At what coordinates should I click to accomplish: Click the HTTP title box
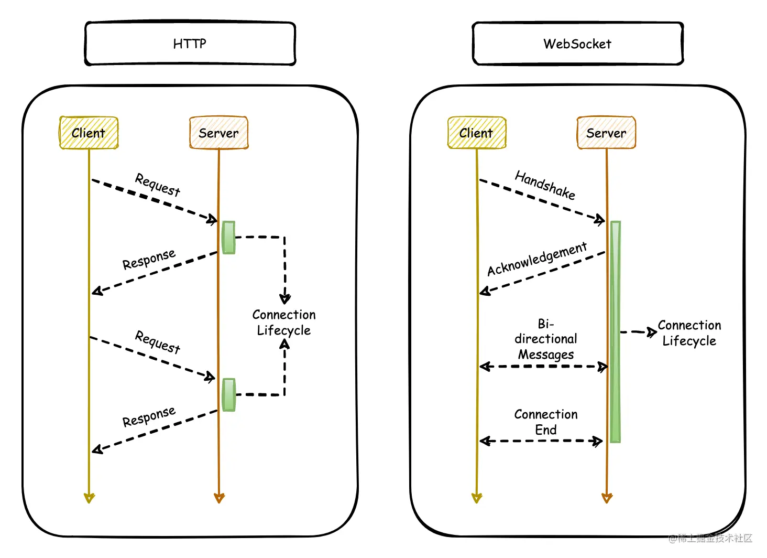[x=190, y=44]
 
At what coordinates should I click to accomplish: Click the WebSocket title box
[x=577, y=44]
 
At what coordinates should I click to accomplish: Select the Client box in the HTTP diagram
[x=89, y=133]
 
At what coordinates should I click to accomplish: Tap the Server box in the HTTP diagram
[x=218, y=133]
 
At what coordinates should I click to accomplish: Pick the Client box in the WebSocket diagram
[x=476, y=133]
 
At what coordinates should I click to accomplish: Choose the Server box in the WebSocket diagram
[x=606, y=133]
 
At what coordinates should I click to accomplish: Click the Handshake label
[x=545, y=185]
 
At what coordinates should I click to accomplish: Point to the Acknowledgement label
[x=537, y=259]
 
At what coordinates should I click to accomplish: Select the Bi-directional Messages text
[x=546, y=339]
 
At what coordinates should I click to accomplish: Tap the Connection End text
[x=546, y=422]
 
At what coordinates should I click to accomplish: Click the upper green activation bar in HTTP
[x=228, y=238]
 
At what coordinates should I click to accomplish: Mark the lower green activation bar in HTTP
[x=228, y=394]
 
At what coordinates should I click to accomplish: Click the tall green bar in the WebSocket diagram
[x=616, y=331]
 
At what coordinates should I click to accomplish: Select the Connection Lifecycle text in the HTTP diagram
[x=284, y=322]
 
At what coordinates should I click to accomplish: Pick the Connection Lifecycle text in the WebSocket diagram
[x=689, y=332]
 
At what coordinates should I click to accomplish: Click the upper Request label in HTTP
[x=158, y=185]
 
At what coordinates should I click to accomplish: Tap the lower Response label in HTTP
[x=149, y=417]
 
